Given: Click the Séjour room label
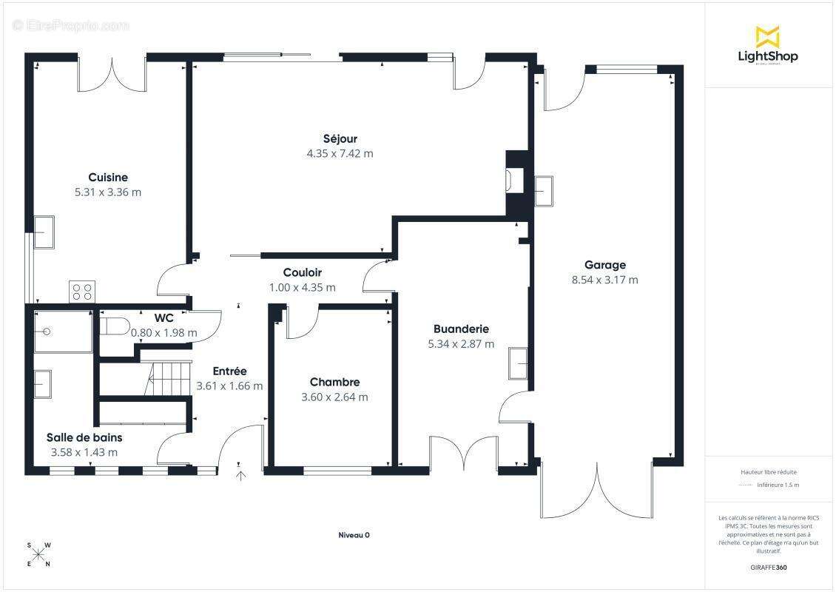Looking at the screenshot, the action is coord(340,139).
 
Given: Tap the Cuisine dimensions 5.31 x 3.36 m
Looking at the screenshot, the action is coord(108,192).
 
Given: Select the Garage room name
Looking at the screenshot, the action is coord(605,265).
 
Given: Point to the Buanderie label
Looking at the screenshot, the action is coord(461,329).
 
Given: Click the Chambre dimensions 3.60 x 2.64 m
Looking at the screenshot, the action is coord(335,397).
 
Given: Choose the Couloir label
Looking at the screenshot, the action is coord(303,272).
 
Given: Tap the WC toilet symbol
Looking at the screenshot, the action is coord(115,326).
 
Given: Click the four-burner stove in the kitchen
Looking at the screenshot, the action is coord(82,292).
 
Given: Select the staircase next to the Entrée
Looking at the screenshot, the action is coord(167,379).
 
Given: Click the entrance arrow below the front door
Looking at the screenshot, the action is coord(241,476).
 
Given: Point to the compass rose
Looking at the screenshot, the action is coord(38,555).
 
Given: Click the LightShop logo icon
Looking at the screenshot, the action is coord(768,37).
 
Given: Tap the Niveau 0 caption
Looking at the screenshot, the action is coord(354,535).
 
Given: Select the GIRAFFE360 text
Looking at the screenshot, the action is coord(768,568).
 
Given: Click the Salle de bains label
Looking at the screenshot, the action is coord(84,438).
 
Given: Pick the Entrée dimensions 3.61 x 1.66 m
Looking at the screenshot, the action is coord(230,386).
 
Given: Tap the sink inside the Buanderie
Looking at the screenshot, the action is coord(518,363).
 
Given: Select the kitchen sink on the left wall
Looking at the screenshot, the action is coord(44,232).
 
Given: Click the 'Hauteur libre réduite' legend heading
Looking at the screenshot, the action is coord(768,472).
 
